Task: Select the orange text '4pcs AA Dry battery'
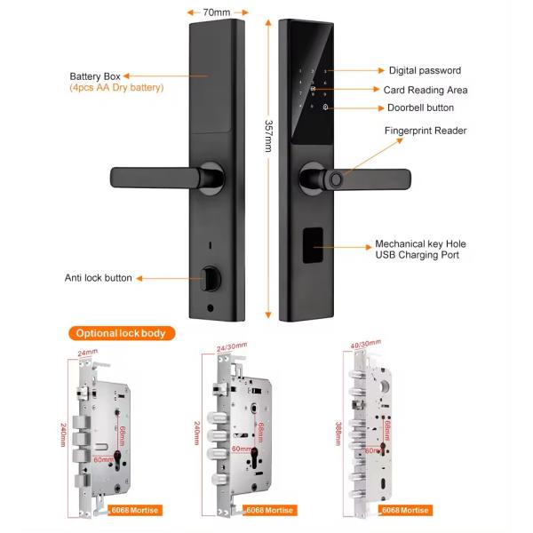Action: point(116,88)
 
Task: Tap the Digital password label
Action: point(425,70)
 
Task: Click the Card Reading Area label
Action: point(425,90)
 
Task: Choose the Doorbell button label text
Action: point(420,107)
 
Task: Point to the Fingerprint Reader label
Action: point(425,131)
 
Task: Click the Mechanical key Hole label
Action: point(420,243)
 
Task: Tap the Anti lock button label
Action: point(98,278)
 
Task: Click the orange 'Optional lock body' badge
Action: point(119,333)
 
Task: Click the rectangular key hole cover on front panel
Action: point(315,245)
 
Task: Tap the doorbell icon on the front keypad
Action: point(325,109)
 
